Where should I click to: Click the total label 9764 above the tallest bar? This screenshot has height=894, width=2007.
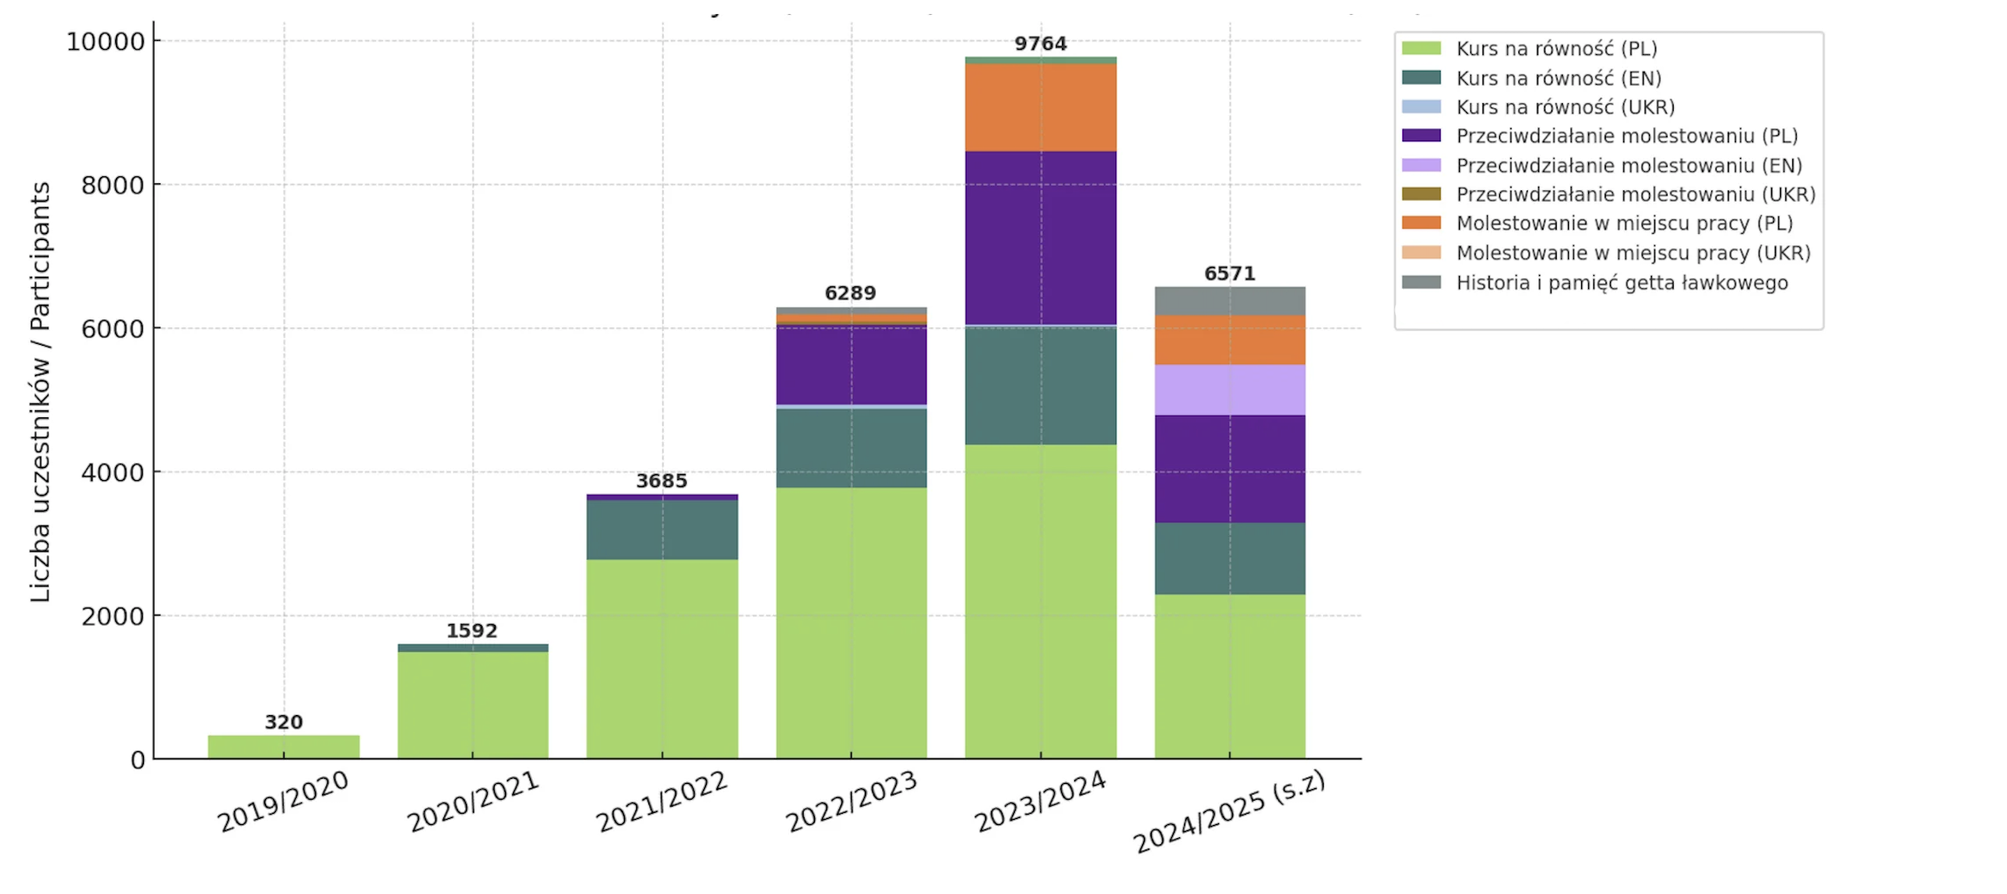click(1040, 44)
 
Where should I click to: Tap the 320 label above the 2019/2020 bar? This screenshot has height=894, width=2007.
click(284, 722)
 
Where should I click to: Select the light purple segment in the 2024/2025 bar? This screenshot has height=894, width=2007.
click(1230, 390)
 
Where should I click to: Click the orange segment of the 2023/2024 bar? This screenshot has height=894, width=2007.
click(1040, 107)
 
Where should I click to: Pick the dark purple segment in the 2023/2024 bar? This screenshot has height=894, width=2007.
click(1040, 237)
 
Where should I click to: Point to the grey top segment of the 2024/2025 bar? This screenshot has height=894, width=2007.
click(1230, 300)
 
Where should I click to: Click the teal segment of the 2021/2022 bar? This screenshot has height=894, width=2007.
click(661, 530)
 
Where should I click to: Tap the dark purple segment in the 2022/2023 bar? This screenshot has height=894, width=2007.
click(851, 365)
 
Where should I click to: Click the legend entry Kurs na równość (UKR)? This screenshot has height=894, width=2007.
click(1565, 107)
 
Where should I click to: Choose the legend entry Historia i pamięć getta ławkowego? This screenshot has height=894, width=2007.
click(1621, 283)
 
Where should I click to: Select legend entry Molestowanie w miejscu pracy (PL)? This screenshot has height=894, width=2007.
click(1624, 223)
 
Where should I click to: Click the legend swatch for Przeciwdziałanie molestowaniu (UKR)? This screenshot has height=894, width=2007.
click(1421, 194)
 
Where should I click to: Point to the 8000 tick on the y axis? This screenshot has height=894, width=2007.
click(113, 185)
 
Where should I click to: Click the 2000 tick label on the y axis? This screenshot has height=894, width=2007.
click(113, 616)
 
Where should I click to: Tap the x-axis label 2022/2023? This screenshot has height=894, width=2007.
click(851, 801)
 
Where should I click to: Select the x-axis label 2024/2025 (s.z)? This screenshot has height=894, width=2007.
click(1229, 812)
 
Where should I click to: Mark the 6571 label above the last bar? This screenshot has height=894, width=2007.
click(1230, 273)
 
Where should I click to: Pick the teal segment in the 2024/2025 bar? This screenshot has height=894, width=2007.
click(1230, 559)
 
